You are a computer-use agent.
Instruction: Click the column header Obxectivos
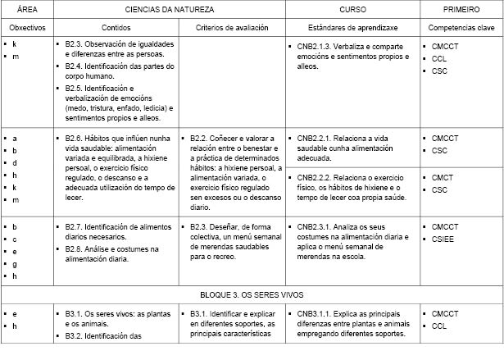tap(26, 27)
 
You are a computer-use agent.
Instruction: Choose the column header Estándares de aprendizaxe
tap(352, 27)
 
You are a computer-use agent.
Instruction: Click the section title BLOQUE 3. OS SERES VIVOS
tap(252, 293)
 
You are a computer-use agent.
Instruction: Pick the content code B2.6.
tap(75, 139)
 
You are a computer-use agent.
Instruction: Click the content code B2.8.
tap(75, 248)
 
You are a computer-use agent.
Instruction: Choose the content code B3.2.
tap(75, 335)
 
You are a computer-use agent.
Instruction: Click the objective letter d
tap(15, 163)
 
